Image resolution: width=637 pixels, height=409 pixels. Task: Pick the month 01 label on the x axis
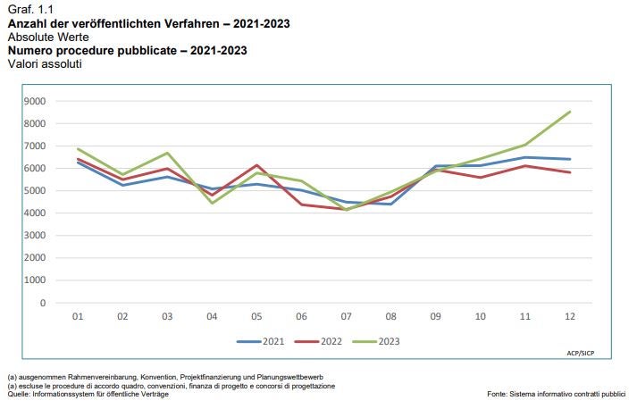[x=79, y=316]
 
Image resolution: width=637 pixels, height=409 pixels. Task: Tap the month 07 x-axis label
[x=347, y=316]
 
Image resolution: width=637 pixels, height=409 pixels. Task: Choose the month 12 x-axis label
[x=569, y=316]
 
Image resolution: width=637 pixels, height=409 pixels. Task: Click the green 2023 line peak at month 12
[x=569, y=112]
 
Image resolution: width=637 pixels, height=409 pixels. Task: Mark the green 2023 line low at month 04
[x=213, y=203]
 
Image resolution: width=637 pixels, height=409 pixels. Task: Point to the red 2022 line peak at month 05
[x=257, y=165]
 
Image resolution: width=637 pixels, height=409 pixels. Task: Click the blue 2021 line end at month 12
[x=569, y=159]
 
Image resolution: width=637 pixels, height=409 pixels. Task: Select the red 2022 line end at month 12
[x=569, y=172]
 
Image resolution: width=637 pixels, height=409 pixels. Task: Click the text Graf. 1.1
[x=27, y=8]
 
